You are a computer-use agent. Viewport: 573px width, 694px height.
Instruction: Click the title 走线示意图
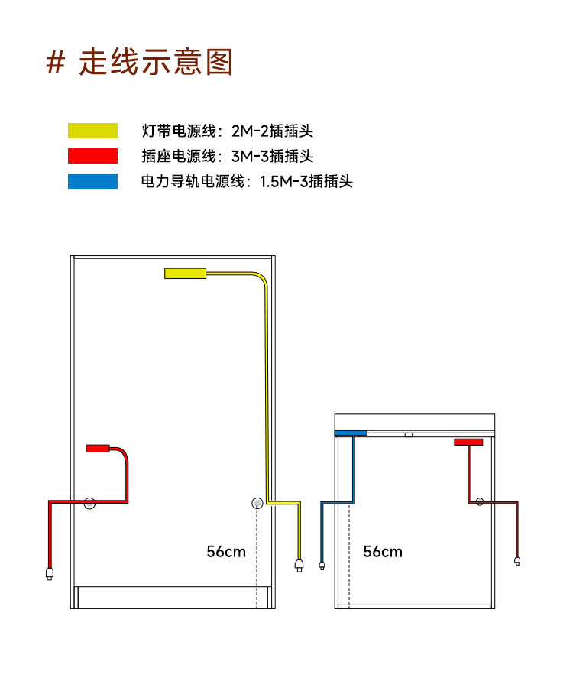[x=156, y=63]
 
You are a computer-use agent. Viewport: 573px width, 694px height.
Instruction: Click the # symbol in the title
[x=55, y=63]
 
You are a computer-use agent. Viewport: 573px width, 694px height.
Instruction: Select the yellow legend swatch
[x=92, y=131]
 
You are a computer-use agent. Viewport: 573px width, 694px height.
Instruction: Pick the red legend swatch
[x=92, y=156]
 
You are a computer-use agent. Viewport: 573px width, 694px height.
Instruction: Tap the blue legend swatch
[x=92, y=181]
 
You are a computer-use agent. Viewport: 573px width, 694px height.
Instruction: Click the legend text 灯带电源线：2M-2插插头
[x=228, y=131]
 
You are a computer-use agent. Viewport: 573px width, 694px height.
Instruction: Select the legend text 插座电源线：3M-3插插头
[x=228, y=156]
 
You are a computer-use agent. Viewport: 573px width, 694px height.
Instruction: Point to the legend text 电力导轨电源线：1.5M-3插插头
[x=247, y=181]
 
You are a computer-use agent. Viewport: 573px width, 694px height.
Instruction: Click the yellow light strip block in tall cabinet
[x=185, y=273]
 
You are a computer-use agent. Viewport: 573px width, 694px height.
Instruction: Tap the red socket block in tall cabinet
[x=98, y=449]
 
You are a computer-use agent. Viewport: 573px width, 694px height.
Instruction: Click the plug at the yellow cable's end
[x=299, y=566]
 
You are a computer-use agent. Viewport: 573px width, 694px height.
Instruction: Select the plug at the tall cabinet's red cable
[x=50, y=572]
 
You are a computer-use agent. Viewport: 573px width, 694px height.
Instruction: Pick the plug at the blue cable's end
[x=322, y=566]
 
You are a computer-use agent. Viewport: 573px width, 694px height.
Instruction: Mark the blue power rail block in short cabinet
[x=351, y=433]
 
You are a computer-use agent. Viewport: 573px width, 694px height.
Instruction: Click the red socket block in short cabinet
[x=468, y=442]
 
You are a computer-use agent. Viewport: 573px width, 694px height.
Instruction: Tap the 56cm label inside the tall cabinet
[x=226, y=551]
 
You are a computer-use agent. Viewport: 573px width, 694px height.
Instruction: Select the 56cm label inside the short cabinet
[x=383, y=551]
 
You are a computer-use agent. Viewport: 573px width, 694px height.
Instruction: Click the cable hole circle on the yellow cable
[x=257, y=503]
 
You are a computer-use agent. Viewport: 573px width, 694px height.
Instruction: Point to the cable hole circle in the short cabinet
[x=480, y=501]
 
